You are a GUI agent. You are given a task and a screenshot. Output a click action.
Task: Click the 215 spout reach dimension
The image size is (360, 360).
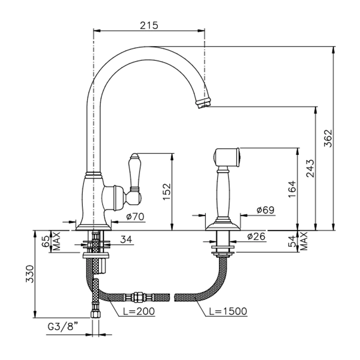[149, 26]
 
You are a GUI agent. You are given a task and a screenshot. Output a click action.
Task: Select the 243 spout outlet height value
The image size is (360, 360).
[311, 168]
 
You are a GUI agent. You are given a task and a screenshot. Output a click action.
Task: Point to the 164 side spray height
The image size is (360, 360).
[292, 189]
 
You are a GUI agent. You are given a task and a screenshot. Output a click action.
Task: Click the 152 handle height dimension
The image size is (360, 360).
[167, 191]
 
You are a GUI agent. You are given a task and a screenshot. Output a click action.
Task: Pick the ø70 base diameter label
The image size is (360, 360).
[135, 217]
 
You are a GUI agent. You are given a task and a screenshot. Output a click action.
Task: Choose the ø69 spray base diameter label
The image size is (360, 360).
[265, 210]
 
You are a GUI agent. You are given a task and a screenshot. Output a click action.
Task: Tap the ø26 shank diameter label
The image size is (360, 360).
[256, 236]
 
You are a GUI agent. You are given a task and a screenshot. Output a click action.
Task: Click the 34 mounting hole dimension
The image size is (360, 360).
[127, 240]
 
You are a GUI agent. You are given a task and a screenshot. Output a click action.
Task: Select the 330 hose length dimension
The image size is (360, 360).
[30, 274]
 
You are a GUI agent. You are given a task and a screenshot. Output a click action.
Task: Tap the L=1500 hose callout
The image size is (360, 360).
[228, 311]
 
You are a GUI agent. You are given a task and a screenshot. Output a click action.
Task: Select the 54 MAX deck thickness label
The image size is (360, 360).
[298, 241]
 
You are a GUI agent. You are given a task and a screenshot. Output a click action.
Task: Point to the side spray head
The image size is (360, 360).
[227, 157]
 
